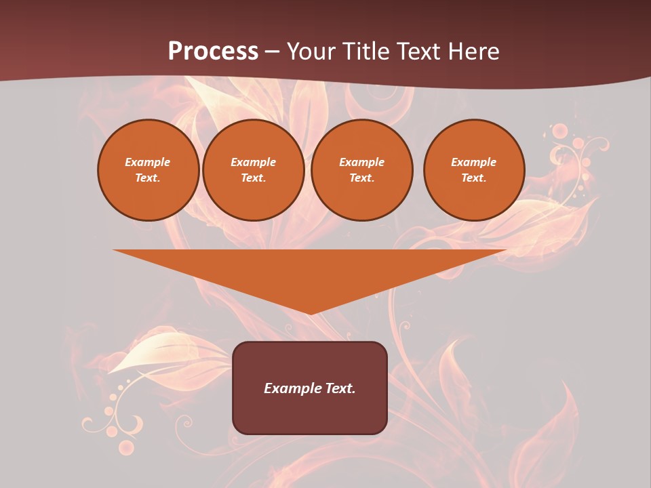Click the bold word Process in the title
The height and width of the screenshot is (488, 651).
(213, 52)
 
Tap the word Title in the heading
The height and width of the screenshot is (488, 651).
(366, 52)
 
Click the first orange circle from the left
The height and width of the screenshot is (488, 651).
(148, 170)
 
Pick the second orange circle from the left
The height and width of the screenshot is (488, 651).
(254, 170)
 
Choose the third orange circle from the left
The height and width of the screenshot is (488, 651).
(361, 170)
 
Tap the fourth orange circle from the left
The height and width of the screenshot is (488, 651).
(474, 170)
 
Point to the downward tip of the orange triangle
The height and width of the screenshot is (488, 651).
(310, 314)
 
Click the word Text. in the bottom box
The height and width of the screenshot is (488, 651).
(340, 388)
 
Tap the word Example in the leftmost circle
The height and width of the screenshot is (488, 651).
(148, 163)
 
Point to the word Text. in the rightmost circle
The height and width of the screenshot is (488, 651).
(474, 178)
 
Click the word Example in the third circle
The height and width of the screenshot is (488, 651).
(361, 163)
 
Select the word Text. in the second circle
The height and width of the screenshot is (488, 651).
(254, 178)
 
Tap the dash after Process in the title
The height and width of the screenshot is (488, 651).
(272, 52)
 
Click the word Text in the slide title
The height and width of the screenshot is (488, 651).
(416, 52)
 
